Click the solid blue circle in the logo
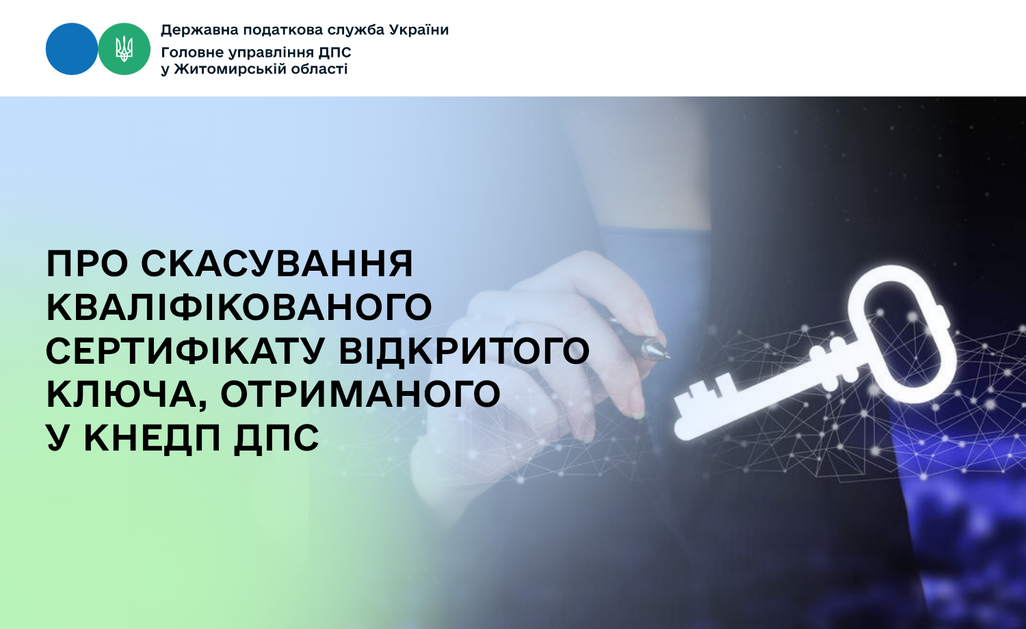coord(72,49)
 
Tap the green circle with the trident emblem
coord(124,49)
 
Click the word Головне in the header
coord(192,53)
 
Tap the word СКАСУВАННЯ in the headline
coord(277,264)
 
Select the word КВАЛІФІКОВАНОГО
coord(239,307)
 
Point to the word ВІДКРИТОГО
coord(464,351)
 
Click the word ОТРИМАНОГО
coord(360,394)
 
